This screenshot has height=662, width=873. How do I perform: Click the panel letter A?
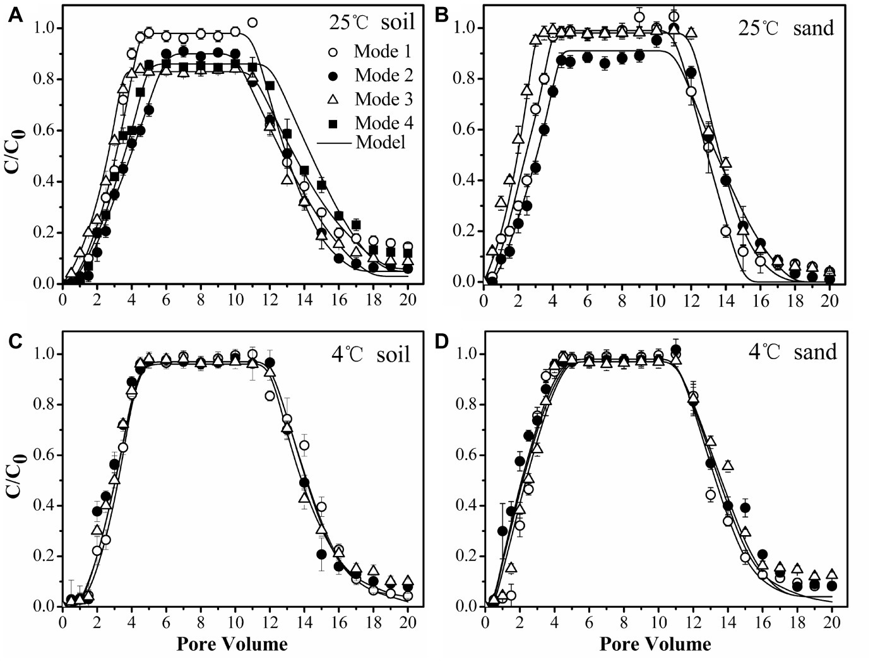(15, 17)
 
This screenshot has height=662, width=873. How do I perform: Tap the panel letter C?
(15, 341)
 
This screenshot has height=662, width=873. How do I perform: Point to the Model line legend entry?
(362, 143)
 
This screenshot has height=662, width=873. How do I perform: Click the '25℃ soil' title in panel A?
(372, 23)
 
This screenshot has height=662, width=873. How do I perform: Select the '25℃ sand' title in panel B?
(787, 28)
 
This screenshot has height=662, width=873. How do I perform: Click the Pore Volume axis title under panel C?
(232, 644)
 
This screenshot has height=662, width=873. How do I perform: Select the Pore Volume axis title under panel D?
(655, 644)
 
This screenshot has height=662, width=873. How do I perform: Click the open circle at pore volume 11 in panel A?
(252, 23)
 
